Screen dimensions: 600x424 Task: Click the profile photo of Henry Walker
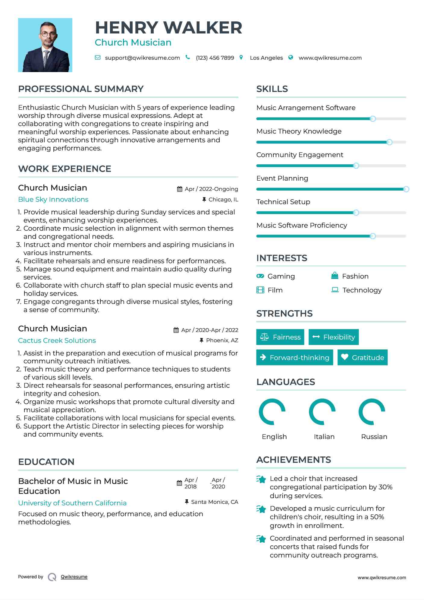tap(45, 45)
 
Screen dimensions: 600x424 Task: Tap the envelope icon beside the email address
tap(98, 58)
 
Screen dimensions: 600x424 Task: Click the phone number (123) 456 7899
tap(215, 58)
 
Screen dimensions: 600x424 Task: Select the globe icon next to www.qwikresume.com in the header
tap(291, 58)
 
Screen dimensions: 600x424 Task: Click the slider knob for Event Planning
tap(406, 189)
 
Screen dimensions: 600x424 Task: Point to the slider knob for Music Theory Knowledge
tap(389, 142)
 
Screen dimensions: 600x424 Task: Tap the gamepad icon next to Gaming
tap(260, 276)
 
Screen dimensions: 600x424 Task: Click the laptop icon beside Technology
tap(335, 290)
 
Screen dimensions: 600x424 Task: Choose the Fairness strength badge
tap(280, 337)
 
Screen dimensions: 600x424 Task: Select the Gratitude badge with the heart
tap(363, 358)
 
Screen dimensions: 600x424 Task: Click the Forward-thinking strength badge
tap(294, 358)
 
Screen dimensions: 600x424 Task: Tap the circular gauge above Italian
tap(322, 412)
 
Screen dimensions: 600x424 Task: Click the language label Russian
tap(374, 437)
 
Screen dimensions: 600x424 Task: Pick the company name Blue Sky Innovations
tap(53, 200)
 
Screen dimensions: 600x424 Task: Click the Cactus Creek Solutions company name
tap(57, 340)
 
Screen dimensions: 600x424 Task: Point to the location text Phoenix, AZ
tap(222, 340)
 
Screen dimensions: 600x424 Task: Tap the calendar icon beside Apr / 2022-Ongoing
tap(180, 189)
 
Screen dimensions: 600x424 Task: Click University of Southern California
tap(72, 503)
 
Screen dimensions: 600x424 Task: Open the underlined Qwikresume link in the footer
tap(74, 577)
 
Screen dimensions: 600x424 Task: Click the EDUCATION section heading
tap(46, 462)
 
